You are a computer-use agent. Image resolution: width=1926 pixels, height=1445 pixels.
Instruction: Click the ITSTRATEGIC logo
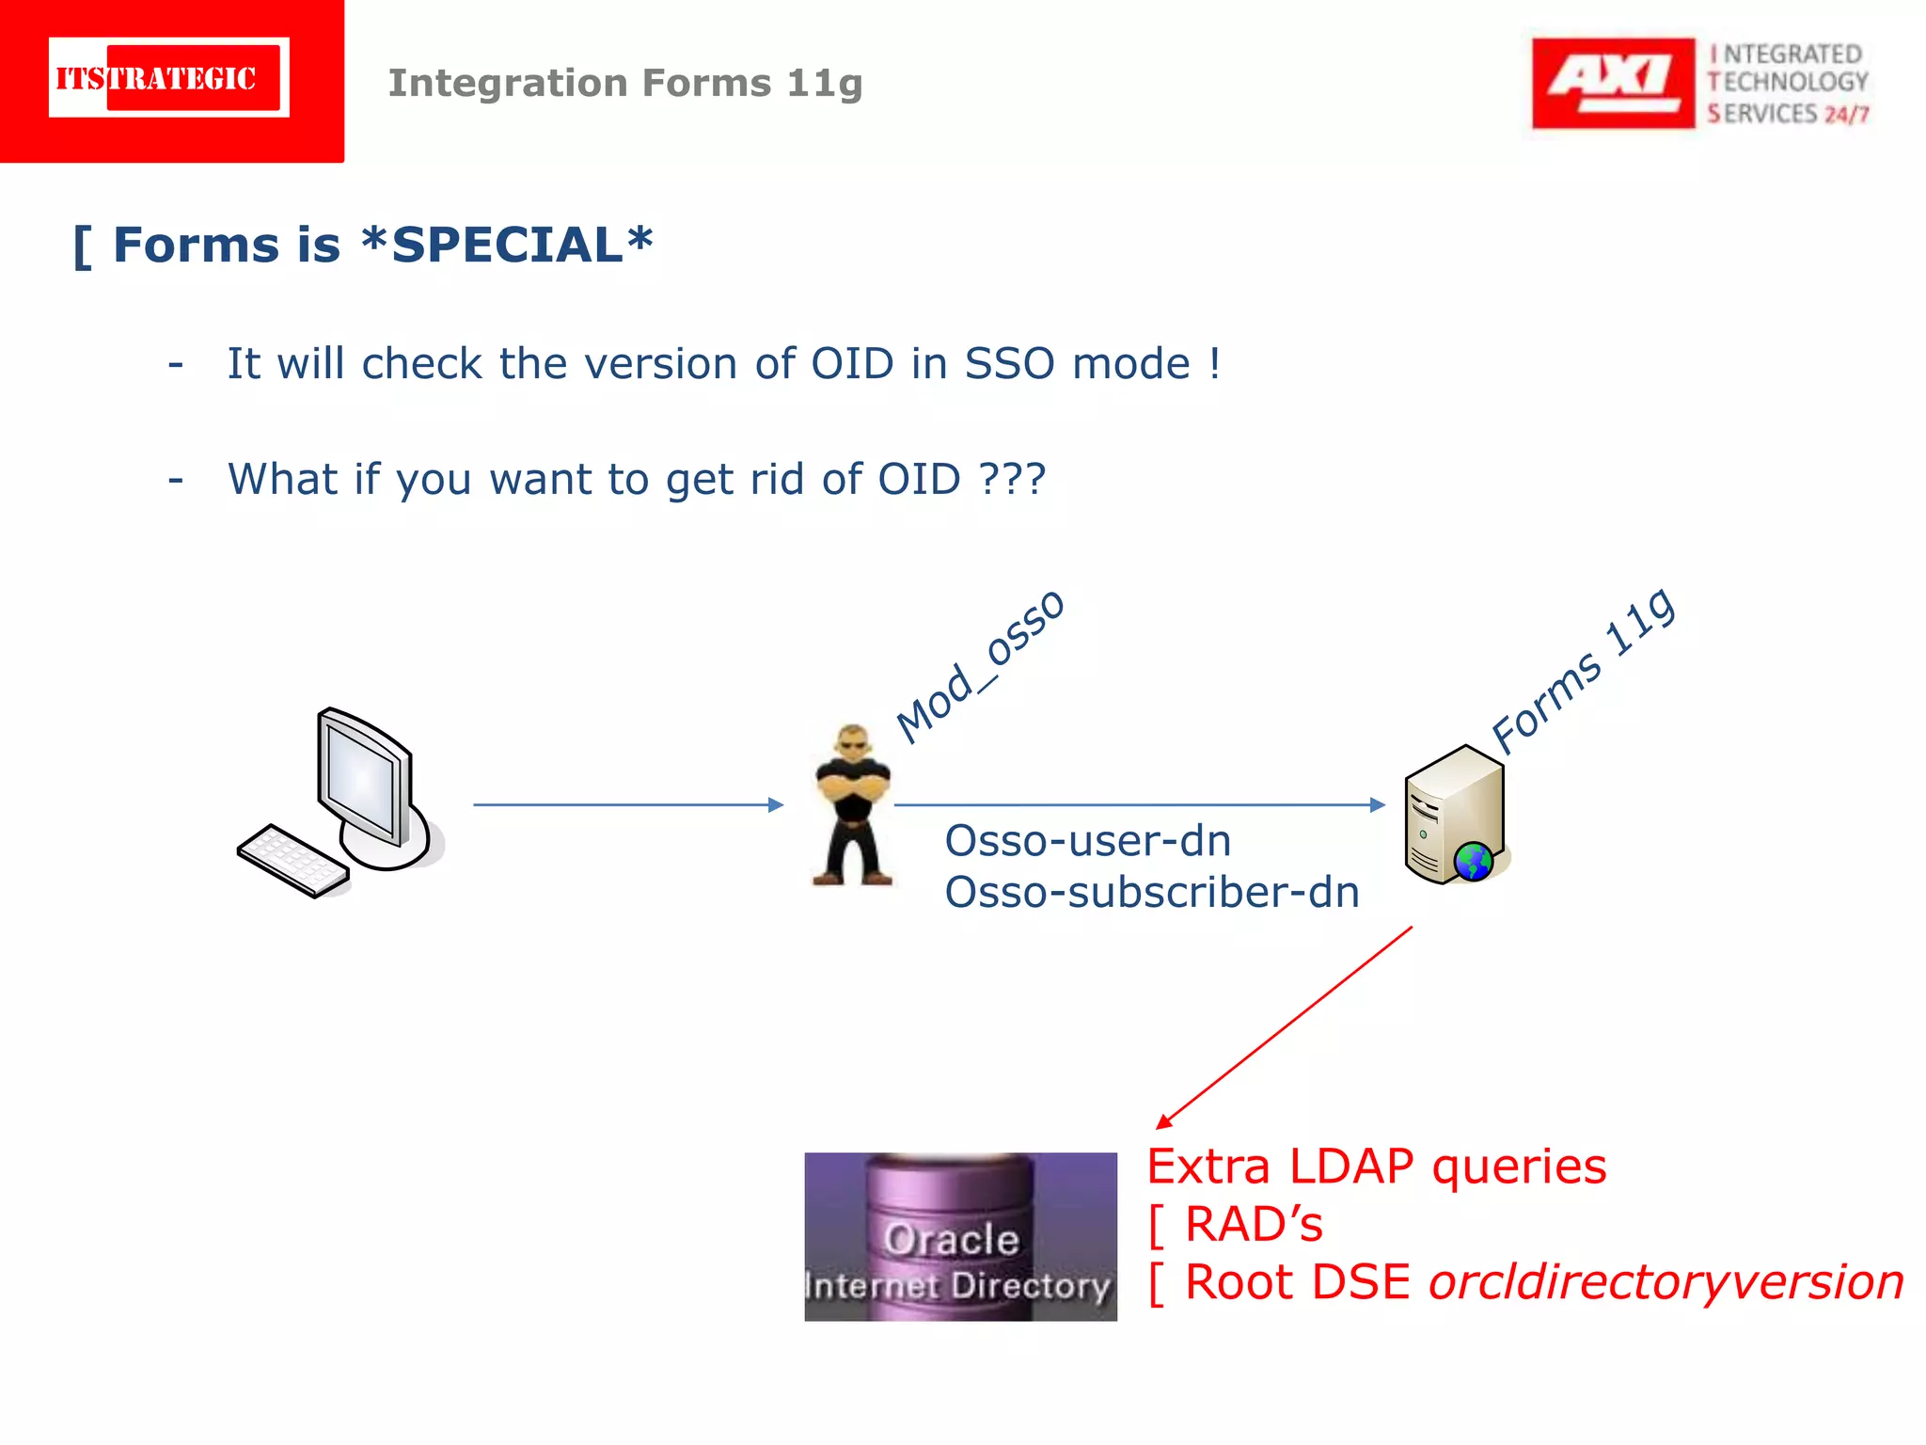point(169,78)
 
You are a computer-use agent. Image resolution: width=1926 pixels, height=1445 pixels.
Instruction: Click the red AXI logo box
point(1612,83)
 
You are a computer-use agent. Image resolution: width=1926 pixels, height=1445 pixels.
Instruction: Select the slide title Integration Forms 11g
point(624,83)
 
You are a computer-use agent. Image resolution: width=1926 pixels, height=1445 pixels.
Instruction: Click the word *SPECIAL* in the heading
point(507,246)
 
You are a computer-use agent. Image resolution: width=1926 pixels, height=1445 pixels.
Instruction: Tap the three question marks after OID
point(1012,479)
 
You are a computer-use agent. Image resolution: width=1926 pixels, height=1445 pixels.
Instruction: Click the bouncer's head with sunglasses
point(853,742)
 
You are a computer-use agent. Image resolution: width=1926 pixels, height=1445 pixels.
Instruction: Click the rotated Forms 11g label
point(1583,671)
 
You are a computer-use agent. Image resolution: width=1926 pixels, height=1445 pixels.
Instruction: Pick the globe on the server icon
point(1473,861)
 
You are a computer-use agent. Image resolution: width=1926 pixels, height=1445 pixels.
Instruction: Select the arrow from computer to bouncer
point(627,804)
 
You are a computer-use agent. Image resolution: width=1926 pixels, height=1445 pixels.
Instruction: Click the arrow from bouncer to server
point(1138,804)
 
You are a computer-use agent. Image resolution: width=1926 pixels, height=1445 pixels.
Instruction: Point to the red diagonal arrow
point(1284,1027)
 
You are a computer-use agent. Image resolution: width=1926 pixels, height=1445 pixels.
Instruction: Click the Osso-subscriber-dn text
point(1151,892)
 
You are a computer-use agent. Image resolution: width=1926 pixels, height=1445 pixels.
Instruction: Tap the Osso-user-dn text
point(1087,840)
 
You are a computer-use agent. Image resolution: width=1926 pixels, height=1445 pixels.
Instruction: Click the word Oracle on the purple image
point(951,1239)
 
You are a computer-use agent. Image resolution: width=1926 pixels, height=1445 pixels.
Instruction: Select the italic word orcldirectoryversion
point(1666,1282)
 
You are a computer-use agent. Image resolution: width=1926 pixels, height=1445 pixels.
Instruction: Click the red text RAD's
point(1253,1224)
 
